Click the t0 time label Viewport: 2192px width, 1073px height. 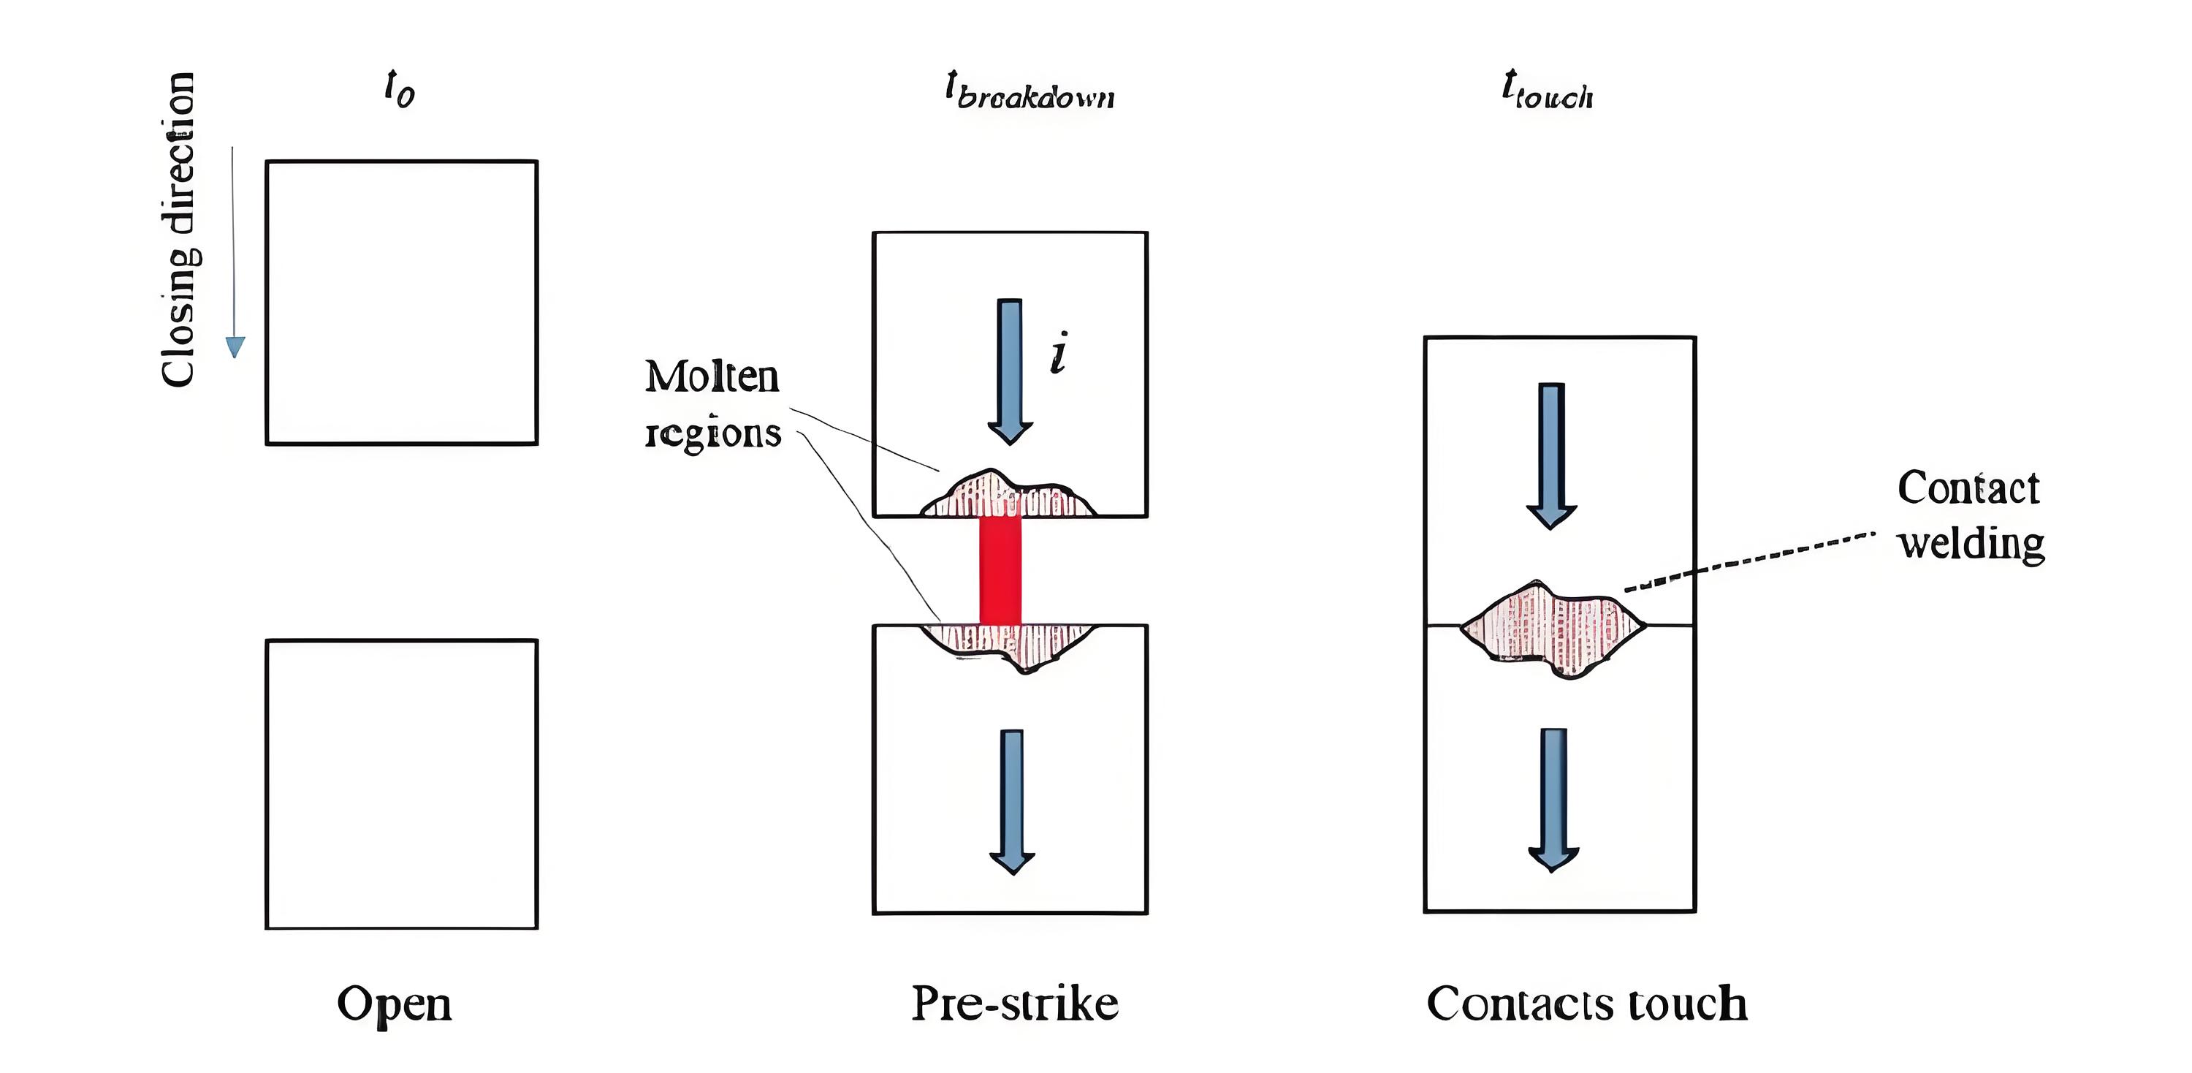[x=399, y=88]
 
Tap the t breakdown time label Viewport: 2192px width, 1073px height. [x=1030, y=90]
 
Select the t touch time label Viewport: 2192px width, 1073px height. [x=1547, y=90]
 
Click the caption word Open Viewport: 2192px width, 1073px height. [x=394, y=1004]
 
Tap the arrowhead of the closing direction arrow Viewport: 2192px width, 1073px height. [x=235, y=346]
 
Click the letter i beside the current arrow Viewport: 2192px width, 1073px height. [x=1059, y=353]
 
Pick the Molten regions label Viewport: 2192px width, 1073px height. [x=712, y=404]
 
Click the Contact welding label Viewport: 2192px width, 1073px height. [x=1970, y=515]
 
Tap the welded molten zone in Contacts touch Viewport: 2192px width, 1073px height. [x=1553, y=628]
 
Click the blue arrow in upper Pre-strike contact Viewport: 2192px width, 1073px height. [x=1010, y=372]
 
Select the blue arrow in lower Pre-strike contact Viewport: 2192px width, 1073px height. [x=1012, y=802]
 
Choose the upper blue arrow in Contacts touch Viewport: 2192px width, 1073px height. [x=1551, y=456]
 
